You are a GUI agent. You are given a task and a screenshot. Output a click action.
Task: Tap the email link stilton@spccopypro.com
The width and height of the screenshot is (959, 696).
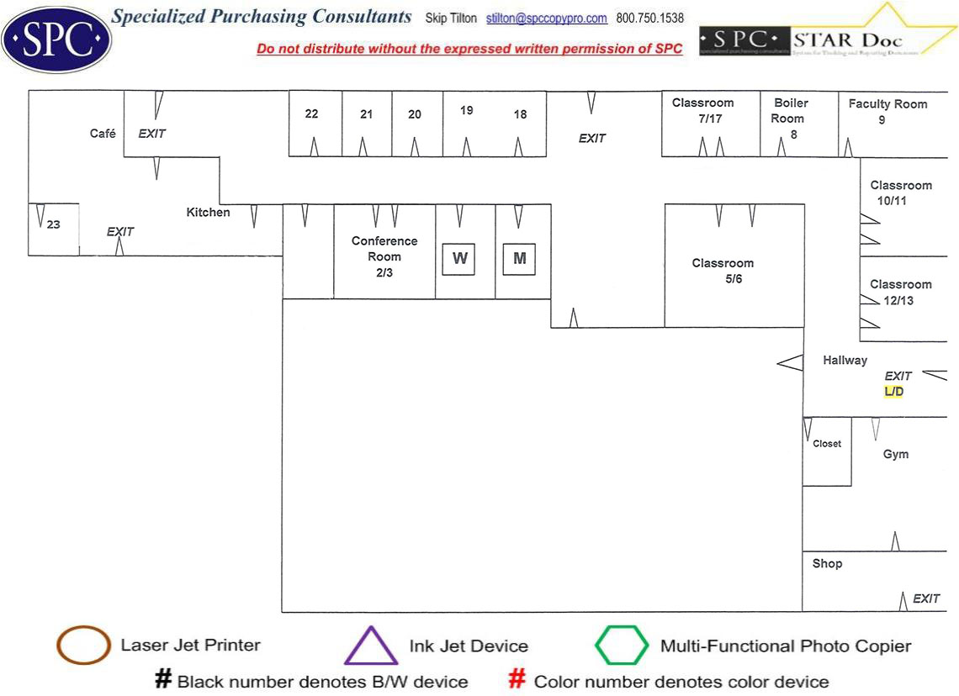pyautogui.click(x=546, y=18)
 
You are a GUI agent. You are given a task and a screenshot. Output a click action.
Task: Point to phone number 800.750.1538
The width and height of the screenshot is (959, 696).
pyautogui.click(x=649, y=18)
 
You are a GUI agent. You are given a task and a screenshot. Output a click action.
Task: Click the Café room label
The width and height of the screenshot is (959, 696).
pyautogui.click(x=103, y=134)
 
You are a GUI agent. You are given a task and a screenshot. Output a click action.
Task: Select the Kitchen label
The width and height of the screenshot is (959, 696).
pyautogui.click(x=208, y=213)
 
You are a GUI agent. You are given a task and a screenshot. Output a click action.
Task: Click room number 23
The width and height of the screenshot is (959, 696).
pyautogui.click(x=54, y=224)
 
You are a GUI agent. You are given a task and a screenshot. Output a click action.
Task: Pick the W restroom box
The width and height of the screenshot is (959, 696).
pyautogui.click(x=459, y=258)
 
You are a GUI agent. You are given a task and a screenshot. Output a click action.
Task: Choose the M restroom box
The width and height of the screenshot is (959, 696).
pyautogui.click(x=519, y=258)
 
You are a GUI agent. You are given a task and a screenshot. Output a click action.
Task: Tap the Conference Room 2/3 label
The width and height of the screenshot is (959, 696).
pyautogui.click(x=384, y=256)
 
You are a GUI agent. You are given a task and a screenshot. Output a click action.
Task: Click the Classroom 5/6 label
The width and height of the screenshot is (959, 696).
pyautogui.click(x=723, y=271)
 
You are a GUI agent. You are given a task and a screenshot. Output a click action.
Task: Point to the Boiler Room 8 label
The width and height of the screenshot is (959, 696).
pyautogui.click(x=791, y=118)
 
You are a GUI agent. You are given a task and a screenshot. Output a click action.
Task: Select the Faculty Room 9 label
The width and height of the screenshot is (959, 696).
pyautogui.click(x=887, y=112)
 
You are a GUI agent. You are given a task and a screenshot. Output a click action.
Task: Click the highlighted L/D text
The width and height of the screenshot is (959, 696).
pyautogui.click(x=893, y=392)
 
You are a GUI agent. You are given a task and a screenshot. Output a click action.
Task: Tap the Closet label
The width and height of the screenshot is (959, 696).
pyautogui.click(x=826, y=444)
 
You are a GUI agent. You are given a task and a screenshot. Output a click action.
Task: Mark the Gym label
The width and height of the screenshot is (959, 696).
pyautogui.click(x=895, y=454)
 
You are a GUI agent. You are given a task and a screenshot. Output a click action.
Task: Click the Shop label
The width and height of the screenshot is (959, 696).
pyautogui.click(x=827, y=563)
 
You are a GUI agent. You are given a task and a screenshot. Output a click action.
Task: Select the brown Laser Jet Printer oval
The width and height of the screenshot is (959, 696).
pyautogui.click(x=83, y=646)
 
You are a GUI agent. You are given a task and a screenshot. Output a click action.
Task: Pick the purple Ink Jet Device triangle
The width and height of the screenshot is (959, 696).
pyautogui.click(x=371, y=646)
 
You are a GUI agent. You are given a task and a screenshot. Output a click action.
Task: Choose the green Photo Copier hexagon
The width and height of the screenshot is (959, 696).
pyautogui.click(x=622, y=646)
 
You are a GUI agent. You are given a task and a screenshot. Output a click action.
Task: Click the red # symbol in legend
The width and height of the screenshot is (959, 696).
pyautogui.click(x=518, y=680)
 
